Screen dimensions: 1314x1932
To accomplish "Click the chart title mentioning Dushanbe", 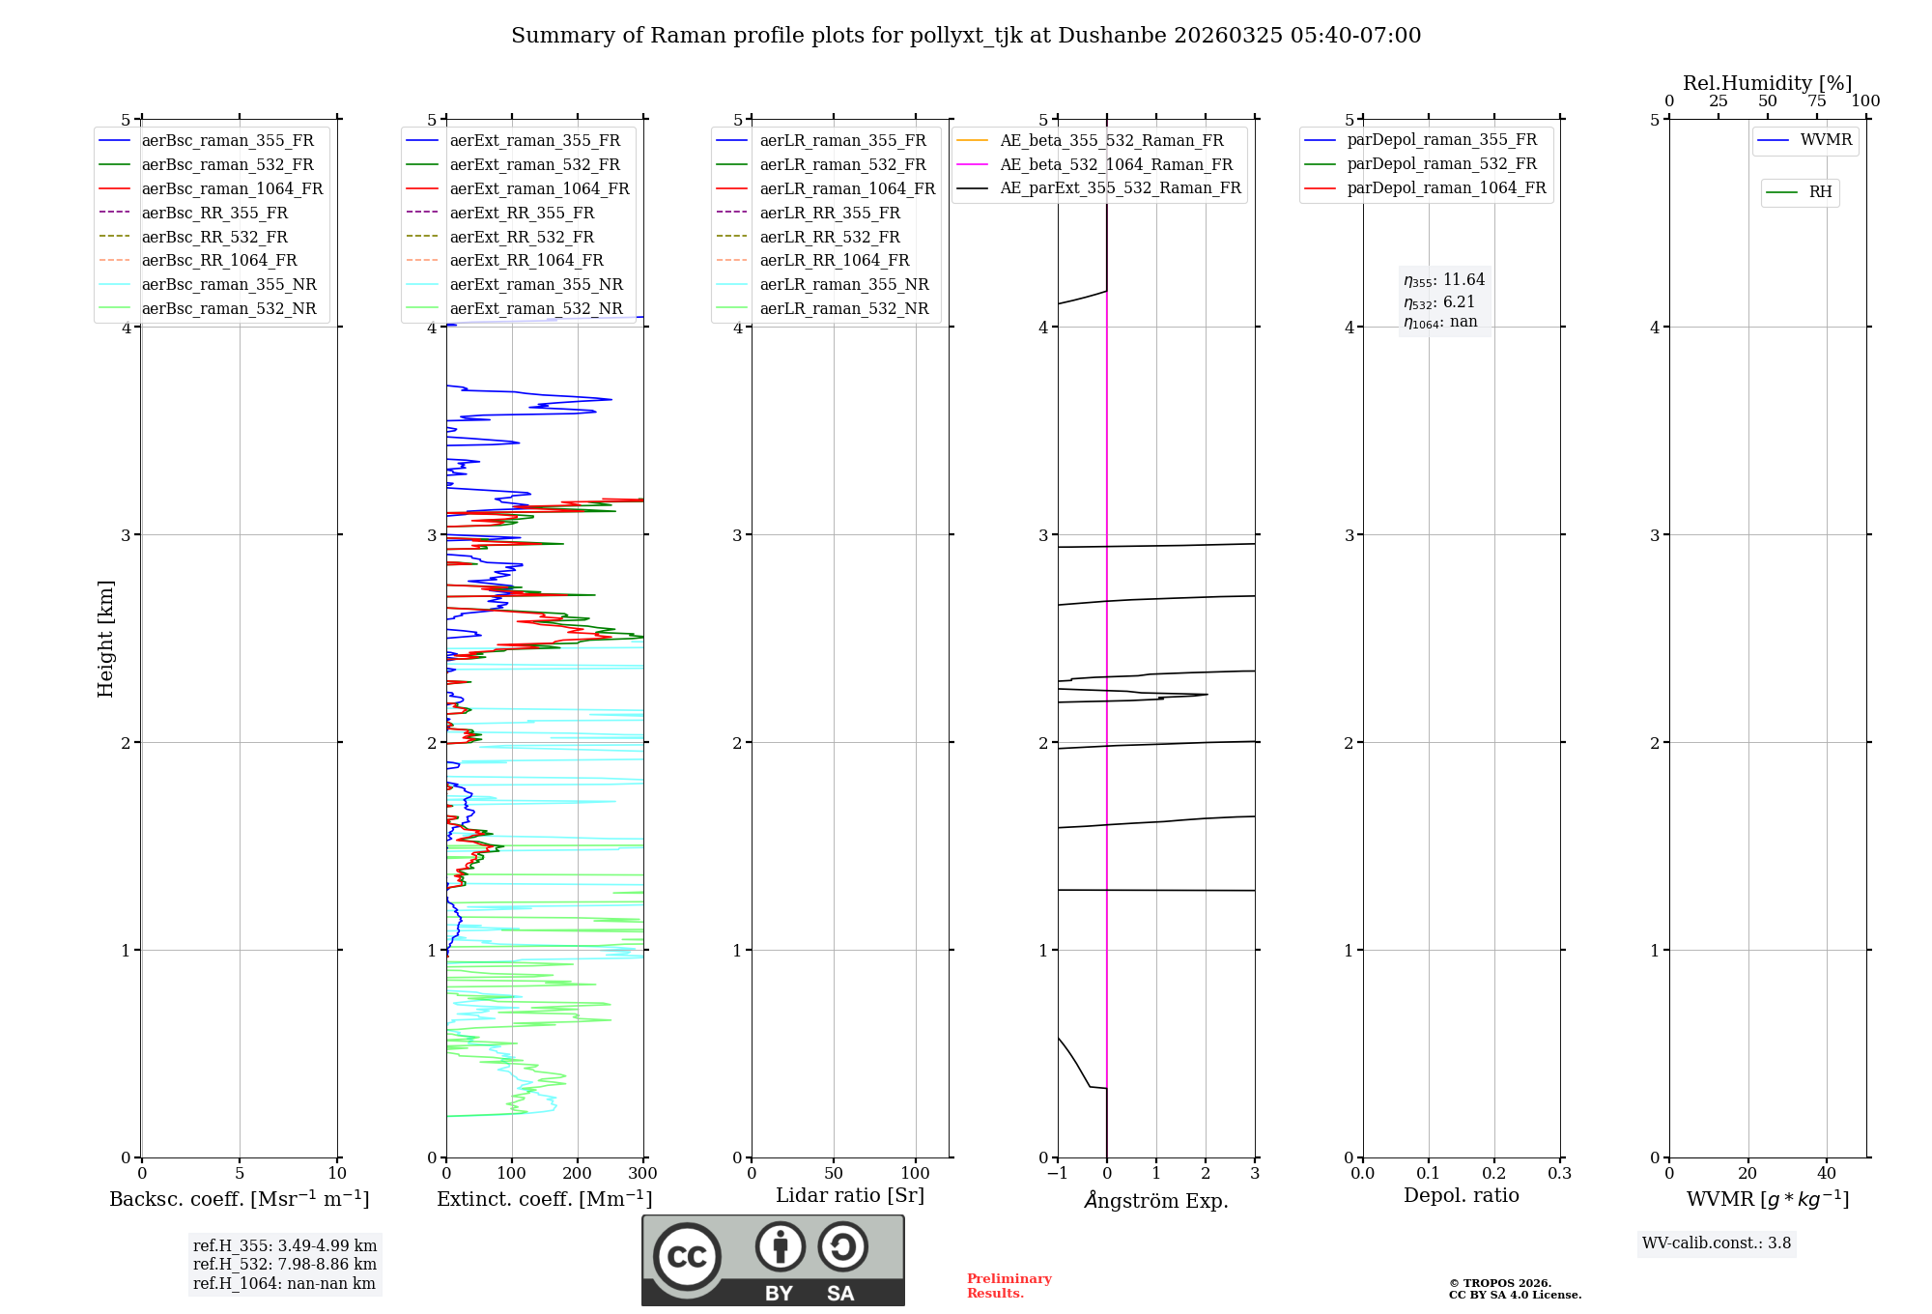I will click(966, 36).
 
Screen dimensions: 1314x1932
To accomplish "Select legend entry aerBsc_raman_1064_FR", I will click(232, 188).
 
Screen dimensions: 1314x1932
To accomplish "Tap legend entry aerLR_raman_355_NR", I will click(843, 284).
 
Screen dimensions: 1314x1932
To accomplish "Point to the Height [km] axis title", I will click(105, 638).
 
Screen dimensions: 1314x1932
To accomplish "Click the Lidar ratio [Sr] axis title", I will click(850, 1195).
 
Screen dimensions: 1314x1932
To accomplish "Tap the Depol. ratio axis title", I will click(1461, 1195).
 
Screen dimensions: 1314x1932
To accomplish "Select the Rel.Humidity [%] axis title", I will click(1767, 83).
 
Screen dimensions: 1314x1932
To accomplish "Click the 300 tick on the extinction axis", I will click(642, 1174).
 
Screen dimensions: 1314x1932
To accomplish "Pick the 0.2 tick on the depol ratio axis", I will click(1493, 1174).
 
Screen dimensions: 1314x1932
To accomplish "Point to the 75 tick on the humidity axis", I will click(1816, 101).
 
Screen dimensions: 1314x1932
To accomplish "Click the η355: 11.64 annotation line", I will click(1444, 280).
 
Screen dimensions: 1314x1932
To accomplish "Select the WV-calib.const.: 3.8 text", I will click(1716, 1243).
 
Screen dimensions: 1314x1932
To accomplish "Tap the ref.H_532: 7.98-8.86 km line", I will click(285, 1265).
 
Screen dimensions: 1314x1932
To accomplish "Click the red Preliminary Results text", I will click(1009, 1286).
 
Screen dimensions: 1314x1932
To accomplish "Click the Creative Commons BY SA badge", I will click(773, 1260).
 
